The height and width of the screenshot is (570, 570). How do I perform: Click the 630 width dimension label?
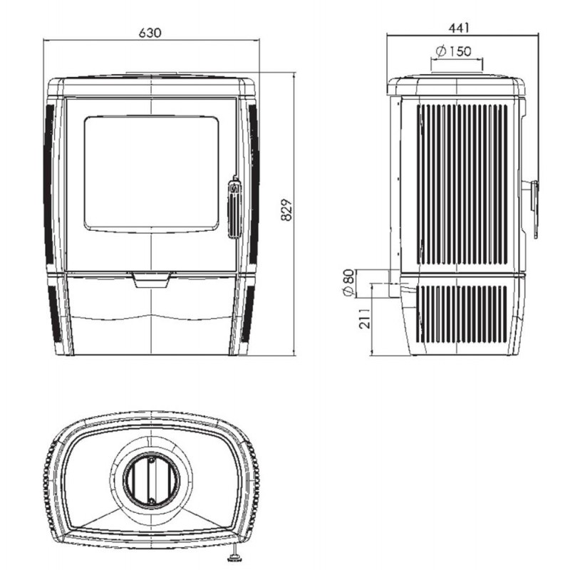[x=150, y=33]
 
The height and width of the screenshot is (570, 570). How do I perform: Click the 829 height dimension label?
[x=286, y=209]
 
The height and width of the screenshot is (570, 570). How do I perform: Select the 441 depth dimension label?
[x=459, y=28]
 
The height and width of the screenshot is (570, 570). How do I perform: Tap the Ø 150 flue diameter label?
[x=453, y=51]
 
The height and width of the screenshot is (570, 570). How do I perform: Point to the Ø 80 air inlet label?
[x=348, y=283]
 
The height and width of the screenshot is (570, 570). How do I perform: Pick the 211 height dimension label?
[x=365, y=318]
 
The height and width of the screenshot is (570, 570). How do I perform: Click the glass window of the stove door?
[x=151, y=174]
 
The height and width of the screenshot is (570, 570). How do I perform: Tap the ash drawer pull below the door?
[x=151, y=279]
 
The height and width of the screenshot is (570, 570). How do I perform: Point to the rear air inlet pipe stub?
[x=395, y=283]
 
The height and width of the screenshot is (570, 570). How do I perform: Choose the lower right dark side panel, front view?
[x=249, y=314]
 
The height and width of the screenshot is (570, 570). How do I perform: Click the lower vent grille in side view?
[x=462, y=314]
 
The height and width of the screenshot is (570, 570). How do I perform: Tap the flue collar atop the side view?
[x=457, y=75]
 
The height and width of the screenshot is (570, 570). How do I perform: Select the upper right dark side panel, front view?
[x=254, y=184]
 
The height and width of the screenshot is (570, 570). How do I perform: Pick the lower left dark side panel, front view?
[x=55, y=314]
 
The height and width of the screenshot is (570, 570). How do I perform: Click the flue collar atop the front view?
[x=152, y=75]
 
